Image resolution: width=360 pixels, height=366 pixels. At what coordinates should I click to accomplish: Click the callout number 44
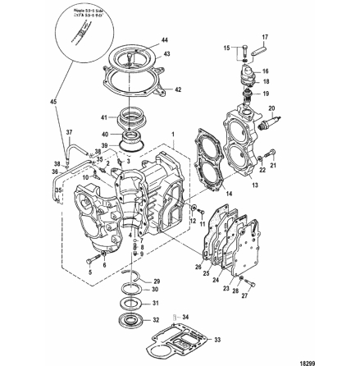point(166,39)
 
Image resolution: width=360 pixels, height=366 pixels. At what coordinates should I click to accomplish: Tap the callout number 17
point(264,37)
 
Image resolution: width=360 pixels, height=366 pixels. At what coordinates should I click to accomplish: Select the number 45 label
point(54,102)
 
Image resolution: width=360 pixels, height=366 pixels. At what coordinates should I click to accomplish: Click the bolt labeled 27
point(251,284)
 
